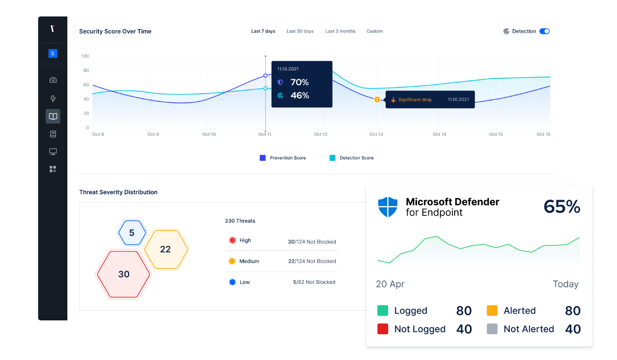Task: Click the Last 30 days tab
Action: tap(300, 31)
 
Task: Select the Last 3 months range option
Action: tap(340, 31)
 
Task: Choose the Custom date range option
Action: tap(374, 31)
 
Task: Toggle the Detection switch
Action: tap(545, 31)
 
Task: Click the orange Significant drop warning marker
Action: tap(377, 99)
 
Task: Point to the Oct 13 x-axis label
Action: tap(376, 134)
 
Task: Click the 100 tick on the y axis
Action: tap(85, 56)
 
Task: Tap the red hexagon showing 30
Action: tap(124, 275)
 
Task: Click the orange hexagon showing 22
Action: tap(166, 249)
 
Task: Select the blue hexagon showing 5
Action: tap(132, 233)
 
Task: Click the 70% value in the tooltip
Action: tap(299, 82)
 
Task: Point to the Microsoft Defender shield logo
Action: tap(388, 207)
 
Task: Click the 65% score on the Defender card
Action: tap(561, 207)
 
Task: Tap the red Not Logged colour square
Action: tap(383, 329)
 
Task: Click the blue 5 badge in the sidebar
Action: tap(52, 53)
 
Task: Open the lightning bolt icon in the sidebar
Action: tap(52, 99)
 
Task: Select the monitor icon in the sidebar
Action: tap(52, 152)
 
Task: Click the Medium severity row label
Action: tap(249, 261)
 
